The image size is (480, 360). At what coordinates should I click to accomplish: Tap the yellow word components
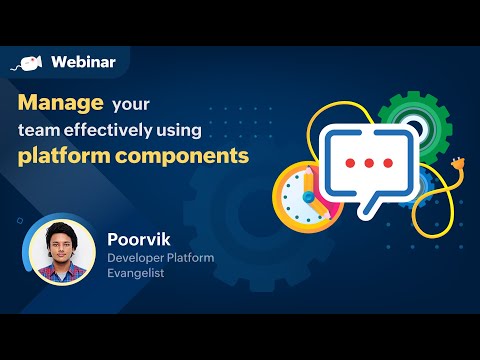click(x=190, y=157)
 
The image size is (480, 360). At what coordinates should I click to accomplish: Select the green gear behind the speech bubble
click(x=411, y=117)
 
